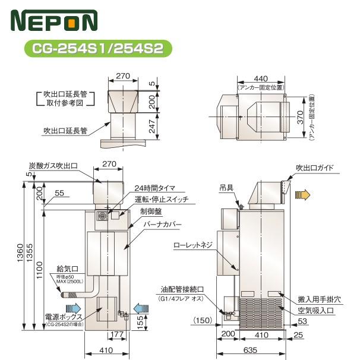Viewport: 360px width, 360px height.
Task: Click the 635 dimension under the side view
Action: coord(249,351)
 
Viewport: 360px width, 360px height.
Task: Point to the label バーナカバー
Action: coord(162,225)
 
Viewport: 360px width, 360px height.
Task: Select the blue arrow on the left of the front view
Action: coord(74,307)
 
